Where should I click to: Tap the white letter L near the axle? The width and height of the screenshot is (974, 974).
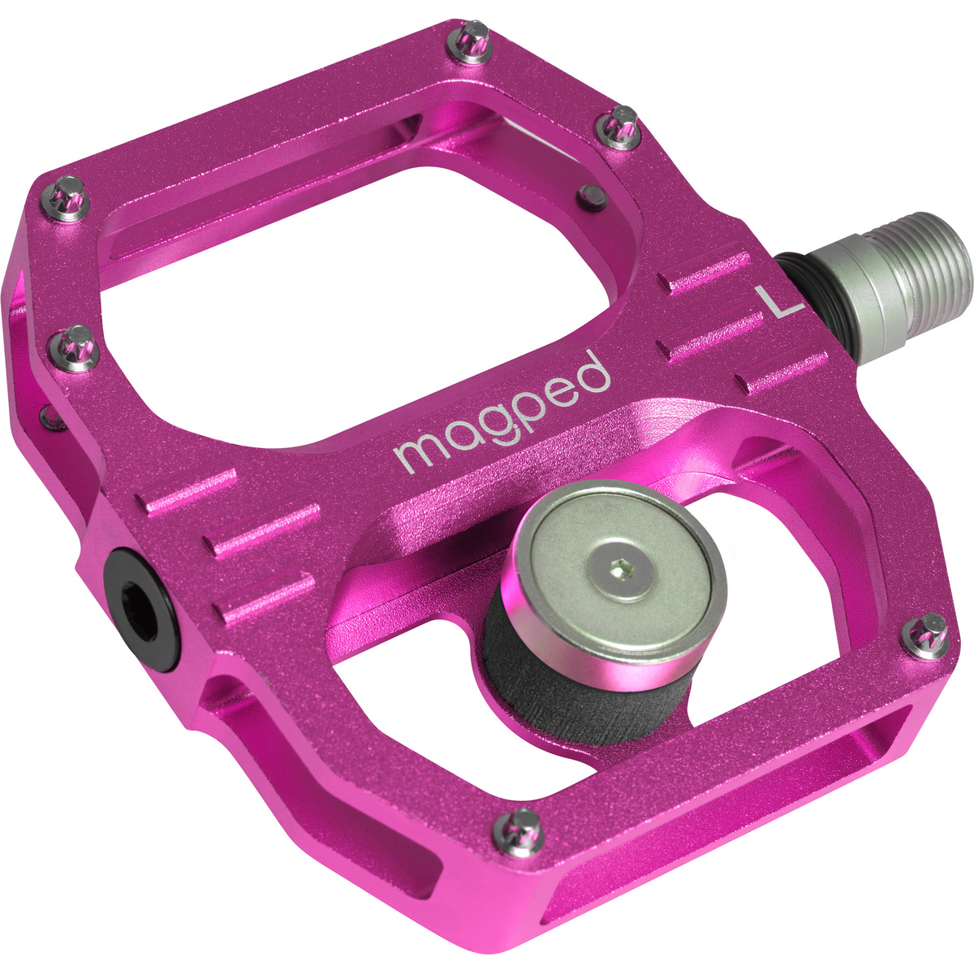pos(777,302)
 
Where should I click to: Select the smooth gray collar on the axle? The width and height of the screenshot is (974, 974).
pos(844,284)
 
